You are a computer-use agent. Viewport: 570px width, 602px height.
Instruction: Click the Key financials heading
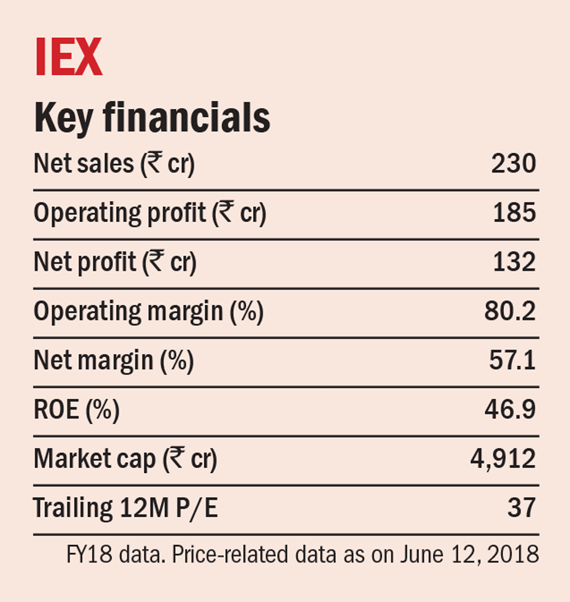click(152, 118)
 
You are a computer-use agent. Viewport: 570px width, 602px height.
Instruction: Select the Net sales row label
click(114, 164)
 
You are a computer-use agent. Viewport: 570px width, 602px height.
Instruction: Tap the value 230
click(514, 164)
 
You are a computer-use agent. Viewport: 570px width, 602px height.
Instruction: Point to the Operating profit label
click(149, 214)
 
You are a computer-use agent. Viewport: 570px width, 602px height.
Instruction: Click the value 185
click(515, 213)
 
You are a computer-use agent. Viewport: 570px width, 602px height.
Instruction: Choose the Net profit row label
click(115, 263)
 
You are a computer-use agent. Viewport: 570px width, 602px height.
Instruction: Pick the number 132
click(515, 263)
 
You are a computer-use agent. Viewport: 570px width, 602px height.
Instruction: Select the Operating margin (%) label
click(148, 312)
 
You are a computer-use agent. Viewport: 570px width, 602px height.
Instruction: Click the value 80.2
click(509, 312)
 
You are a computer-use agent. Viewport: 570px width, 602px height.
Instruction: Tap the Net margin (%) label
click(113, 361)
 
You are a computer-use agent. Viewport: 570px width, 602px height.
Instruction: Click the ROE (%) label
click(76, 410)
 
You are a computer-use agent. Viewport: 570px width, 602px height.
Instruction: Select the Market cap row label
click(125, 460)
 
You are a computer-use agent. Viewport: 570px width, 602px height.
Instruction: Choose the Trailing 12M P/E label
click(125, 509)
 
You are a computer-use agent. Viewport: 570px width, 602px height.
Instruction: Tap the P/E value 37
click(522, 508)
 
